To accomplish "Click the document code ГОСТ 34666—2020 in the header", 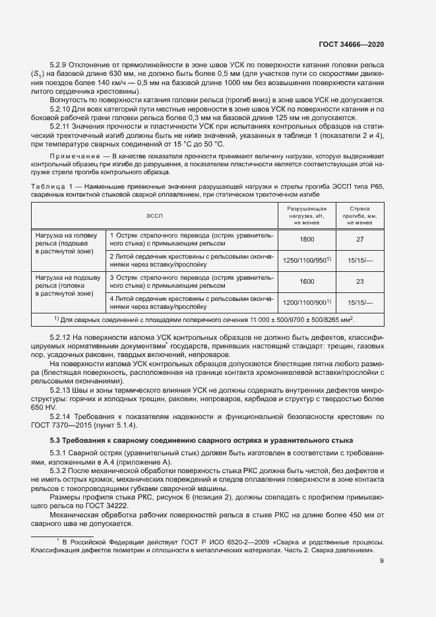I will [351, 44].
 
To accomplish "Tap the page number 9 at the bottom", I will [382, 561].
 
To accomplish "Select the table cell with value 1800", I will [307, 239].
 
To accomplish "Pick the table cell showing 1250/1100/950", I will [307, 261].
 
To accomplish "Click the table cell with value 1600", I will [307, 281].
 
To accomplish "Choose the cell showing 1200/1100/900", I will [307, 302].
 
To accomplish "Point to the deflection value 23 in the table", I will [360, 281].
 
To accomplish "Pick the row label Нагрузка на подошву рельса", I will [66, 285].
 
